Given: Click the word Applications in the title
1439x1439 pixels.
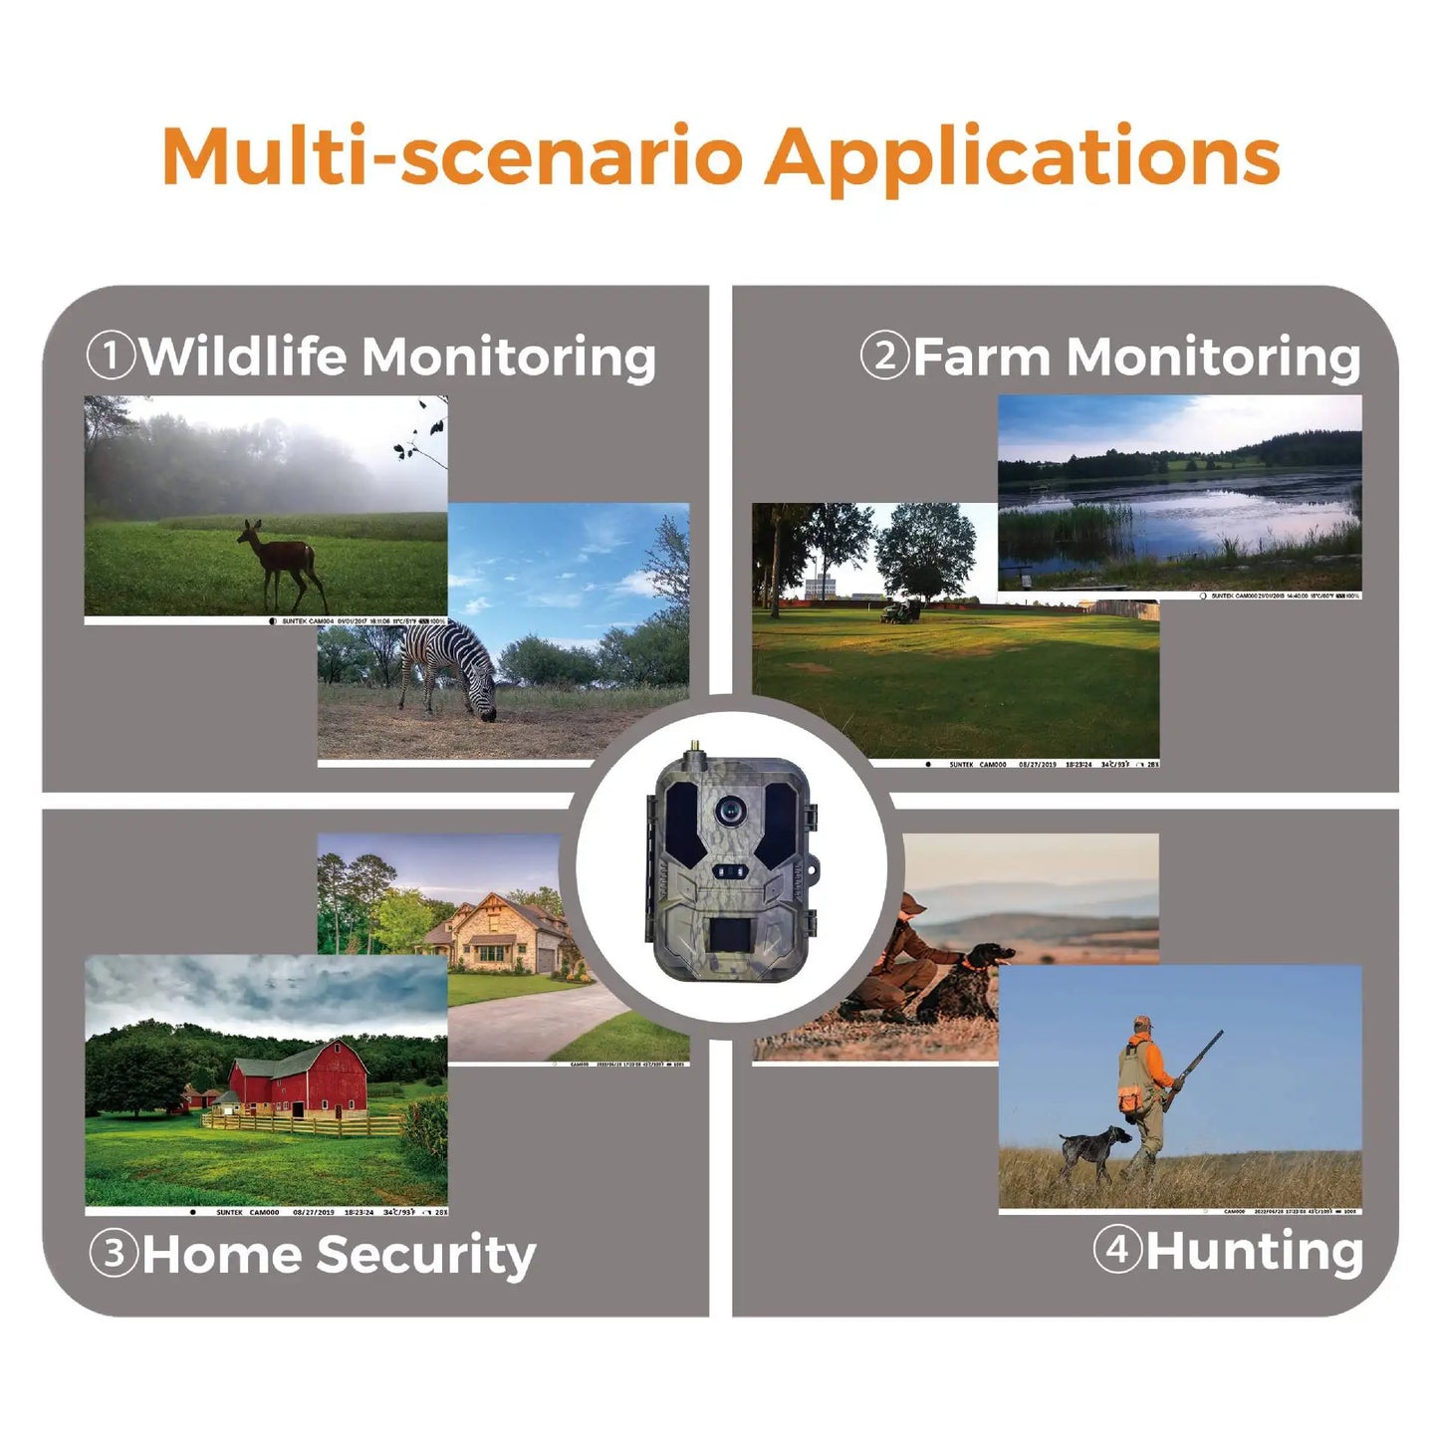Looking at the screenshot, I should point(1022,157).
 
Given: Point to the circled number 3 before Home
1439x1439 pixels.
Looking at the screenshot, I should point(114,1253).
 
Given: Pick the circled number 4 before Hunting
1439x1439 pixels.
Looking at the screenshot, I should point(1117,1249).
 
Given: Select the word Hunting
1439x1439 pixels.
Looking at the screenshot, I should point(1254,1252).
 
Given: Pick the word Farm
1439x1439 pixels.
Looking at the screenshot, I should point(981,356).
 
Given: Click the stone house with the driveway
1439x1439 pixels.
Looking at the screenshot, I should point(499,930).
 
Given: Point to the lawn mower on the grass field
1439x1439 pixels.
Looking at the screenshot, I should point(901,611).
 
